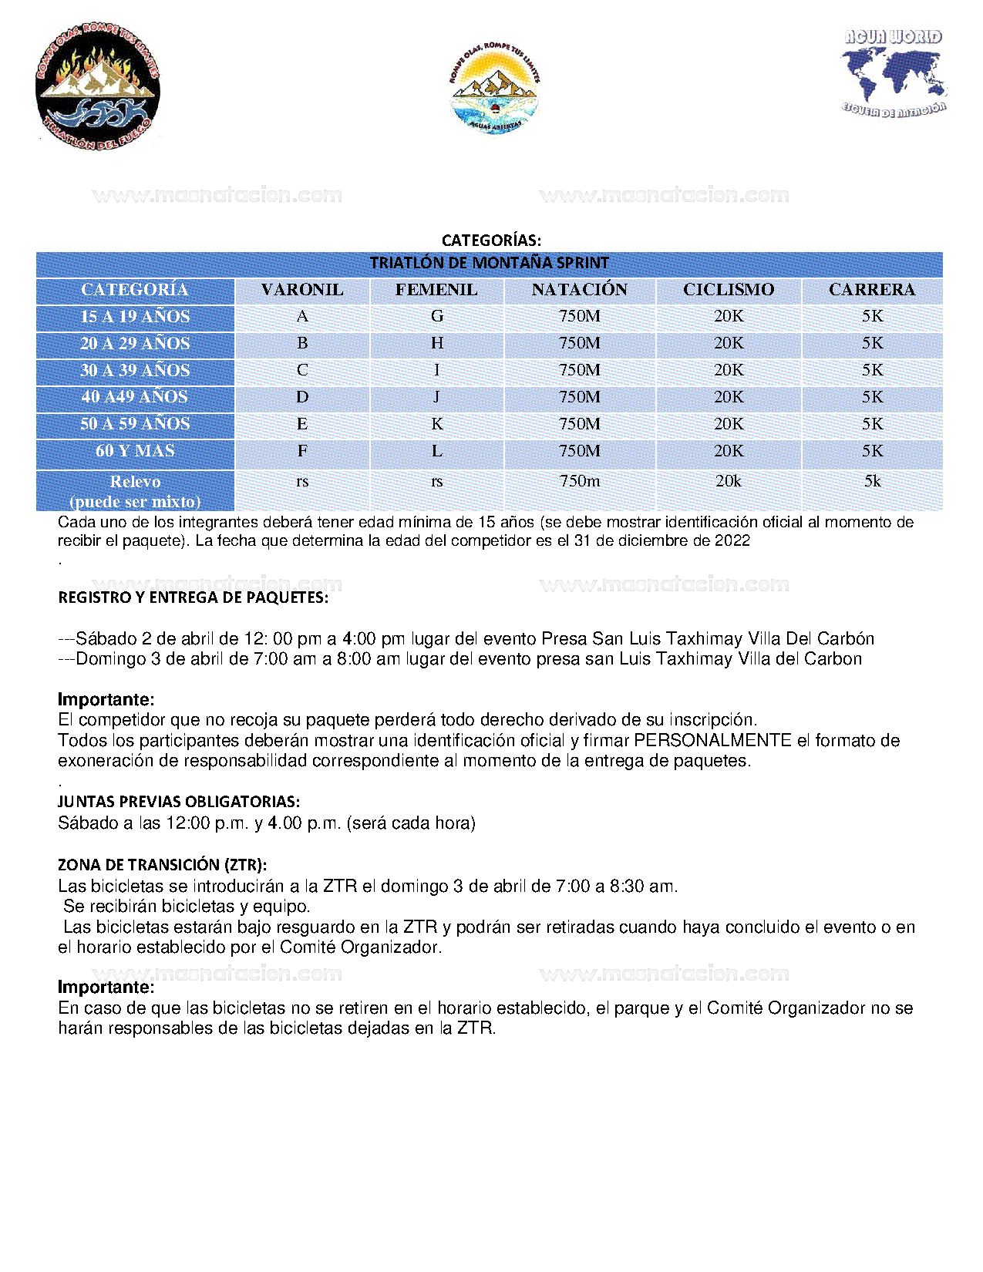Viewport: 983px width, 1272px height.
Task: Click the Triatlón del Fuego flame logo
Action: [98, 86]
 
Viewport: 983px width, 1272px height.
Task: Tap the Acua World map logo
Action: [894, 73]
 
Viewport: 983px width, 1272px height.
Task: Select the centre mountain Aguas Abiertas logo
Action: [494, 89]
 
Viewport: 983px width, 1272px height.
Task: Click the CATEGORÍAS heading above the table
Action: [491, 241]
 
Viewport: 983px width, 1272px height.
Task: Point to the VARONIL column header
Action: [302, 290]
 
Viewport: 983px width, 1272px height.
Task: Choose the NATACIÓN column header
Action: [579, 290]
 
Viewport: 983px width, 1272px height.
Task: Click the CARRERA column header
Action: [872, 290]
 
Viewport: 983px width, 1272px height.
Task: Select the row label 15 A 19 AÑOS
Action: [135, 317]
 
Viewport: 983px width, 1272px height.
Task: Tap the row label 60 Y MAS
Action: [135, 451]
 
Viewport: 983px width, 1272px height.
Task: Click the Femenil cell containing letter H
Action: [437, 343]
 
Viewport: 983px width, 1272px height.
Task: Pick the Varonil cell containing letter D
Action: [302, 397]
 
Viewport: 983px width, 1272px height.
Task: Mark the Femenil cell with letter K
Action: [437, 424]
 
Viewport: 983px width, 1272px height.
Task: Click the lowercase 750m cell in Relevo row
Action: [579, 481]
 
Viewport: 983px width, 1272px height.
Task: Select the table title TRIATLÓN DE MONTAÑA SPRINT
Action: [489, 263]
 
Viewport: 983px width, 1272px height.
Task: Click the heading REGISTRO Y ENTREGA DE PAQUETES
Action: [193, 597]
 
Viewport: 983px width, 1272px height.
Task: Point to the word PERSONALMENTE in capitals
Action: [712, 741]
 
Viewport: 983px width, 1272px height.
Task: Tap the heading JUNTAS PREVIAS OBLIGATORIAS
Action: [179, 802]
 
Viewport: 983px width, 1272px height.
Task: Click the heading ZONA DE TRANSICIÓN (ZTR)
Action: [162, 865]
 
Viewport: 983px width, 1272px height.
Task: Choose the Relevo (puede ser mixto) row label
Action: [135, 491]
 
